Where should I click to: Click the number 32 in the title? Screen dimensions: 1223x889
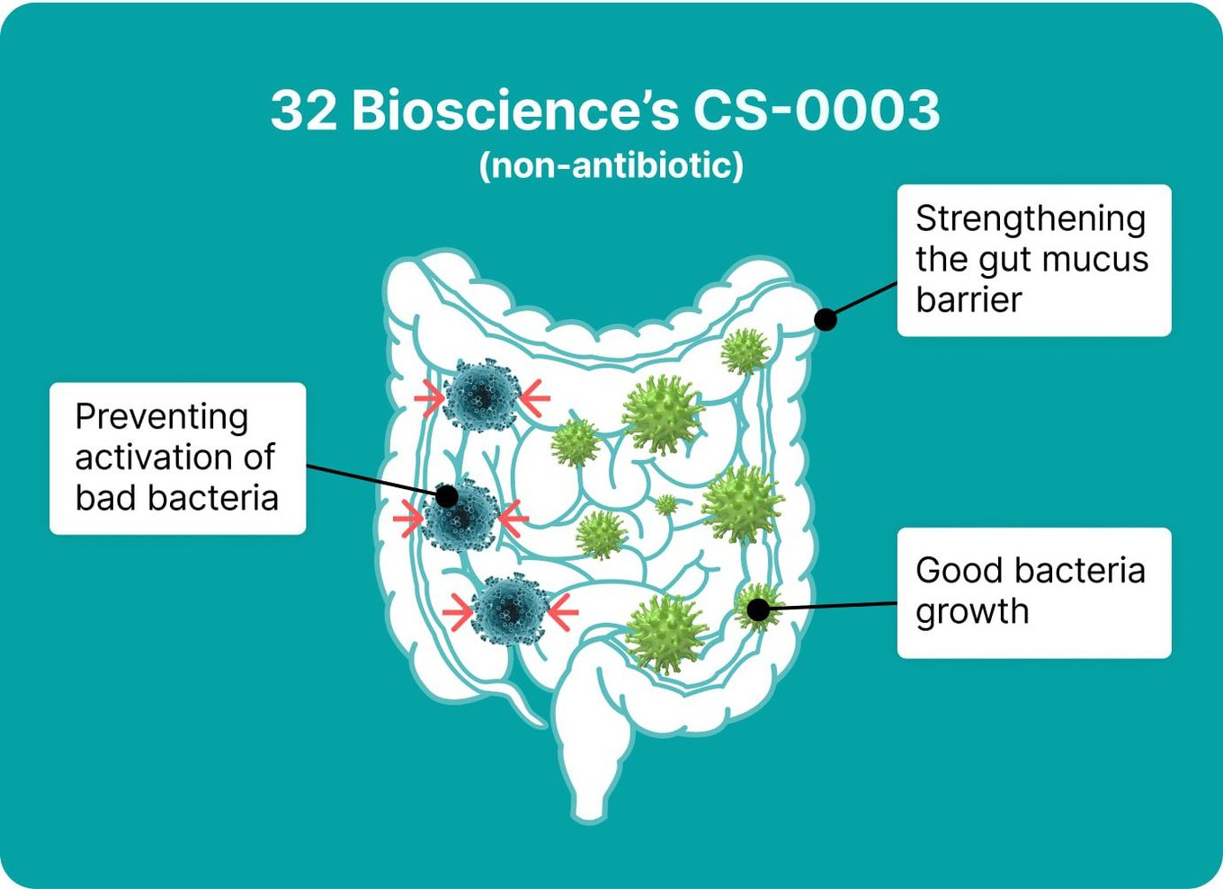(304, 111)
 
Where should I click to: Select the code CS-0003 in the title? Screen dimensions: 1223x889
(817, 111)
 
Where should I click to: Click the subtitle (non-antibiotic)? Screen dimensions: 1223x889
(611, 165)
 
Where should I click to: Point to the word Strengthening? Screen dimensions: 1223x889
(1031, 220)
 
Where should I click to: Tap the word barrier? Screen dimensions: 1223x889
(969, 299)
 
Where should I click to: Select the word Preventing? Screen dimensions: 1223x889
(162, 419)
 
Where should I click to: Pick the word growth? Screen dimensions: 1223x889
(972, 612)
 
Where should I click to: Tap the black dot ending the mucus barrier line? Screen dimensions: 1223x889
(826, 319)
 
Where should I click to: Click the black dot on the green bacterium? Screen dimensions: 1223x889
(757, 609)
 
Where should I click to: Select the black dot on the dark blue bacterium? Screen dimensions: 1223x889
(447, 496)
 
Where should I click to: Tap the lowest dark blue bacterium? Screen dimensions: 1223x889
(510, 609)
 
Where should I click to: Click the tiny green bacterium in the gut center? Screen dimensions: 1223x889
(665, 504)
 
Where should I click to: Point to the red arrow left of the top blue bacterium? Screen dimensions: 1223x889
(429, 398)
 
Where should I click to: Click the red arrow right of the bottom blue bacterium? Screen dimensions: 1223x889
(563, 612)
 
